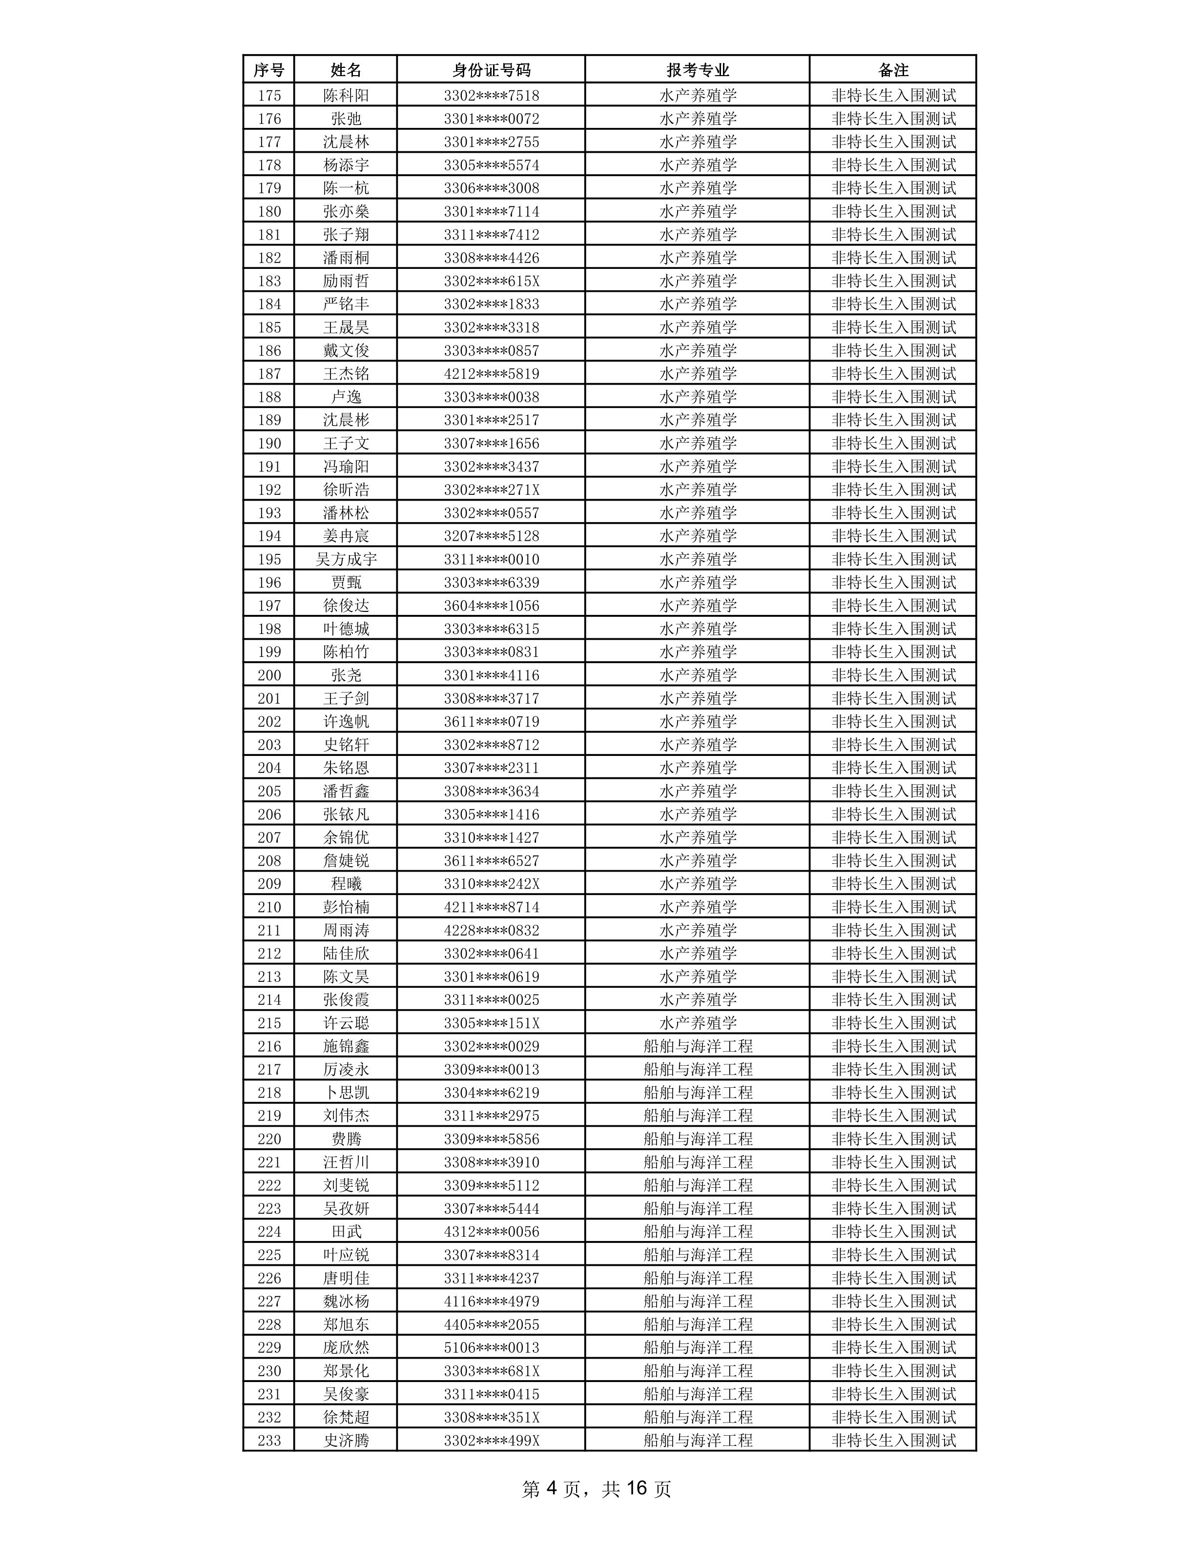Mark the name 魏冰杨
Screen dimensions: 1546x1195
[x=346, y=1301]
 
